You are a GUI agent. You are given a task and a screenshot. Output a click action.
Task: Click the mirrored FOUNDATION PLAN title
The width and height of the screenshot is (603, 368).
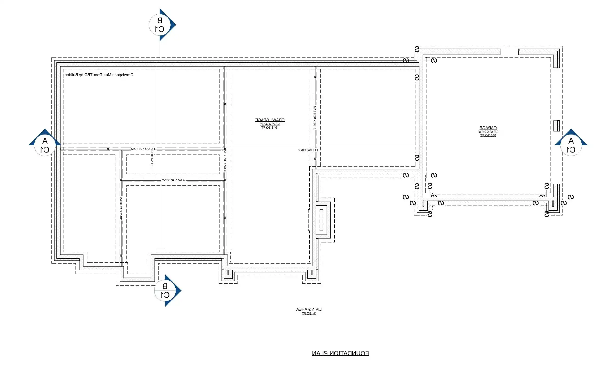340,353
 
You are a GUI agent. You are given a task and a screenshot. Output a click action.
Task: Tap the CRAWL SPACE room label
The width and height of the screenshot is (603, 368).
270,120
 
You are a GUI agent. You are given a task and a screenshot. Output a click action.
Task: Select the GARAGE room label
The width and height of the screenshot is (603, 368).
488,128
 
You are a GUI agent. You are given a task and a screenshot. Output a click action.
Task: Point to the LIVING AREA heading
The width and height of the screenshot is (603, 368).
309,309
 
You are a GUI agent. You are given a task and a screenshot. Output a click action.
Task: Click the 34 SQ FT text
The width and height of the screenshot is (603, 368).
309,314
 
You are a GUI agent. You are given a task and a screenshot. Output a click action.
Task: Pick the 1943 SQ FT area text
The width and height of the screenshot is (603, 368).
270,128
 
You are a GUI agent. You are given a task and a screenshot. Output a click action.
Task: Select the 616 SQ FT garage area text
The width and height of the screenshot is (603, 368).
488,135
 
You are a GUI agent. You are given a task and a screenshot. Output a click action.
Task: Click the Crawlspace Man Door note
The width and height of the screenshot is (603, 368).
99,75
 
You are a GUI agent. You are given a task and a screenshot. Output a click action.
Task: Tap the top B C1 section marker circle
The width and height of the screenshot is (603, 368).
160,25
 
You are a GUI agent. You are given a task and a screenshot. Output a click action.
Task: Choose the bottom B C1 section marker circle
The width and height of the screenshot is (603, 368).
165,290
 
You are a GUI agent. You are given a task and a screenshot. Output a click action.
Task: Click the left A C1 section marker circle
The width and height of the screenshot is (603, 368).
45,145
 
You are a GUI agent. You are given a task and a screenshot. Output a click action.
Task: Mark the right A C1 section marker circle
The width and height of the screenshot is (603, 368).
571,145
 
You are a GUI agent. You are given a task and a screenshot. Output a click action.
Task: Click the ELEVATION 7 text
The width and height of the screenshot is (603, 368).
308,150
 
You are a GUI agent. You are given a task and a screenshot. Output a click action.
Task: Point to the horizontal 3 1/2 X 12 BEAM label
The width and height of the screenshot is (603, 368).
173,180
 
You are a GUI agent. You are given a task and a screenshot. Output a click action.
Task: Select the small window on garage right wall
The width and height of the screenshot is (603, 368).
556,126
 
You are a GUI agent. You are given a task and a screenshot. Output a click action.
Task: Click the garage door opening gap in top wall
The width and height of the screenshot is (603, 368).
509,52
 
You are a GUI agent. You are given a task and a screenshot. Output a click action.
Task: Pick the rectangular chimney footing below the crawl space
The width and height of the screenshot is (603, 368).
321,220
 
